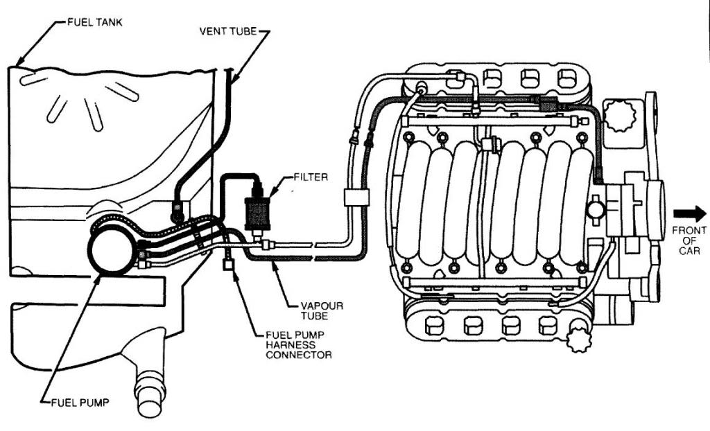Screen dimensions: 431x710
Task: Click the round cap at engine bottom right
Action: point(578,340)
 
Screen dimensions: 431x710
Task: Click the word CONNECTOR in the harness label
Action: point(298,355)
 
